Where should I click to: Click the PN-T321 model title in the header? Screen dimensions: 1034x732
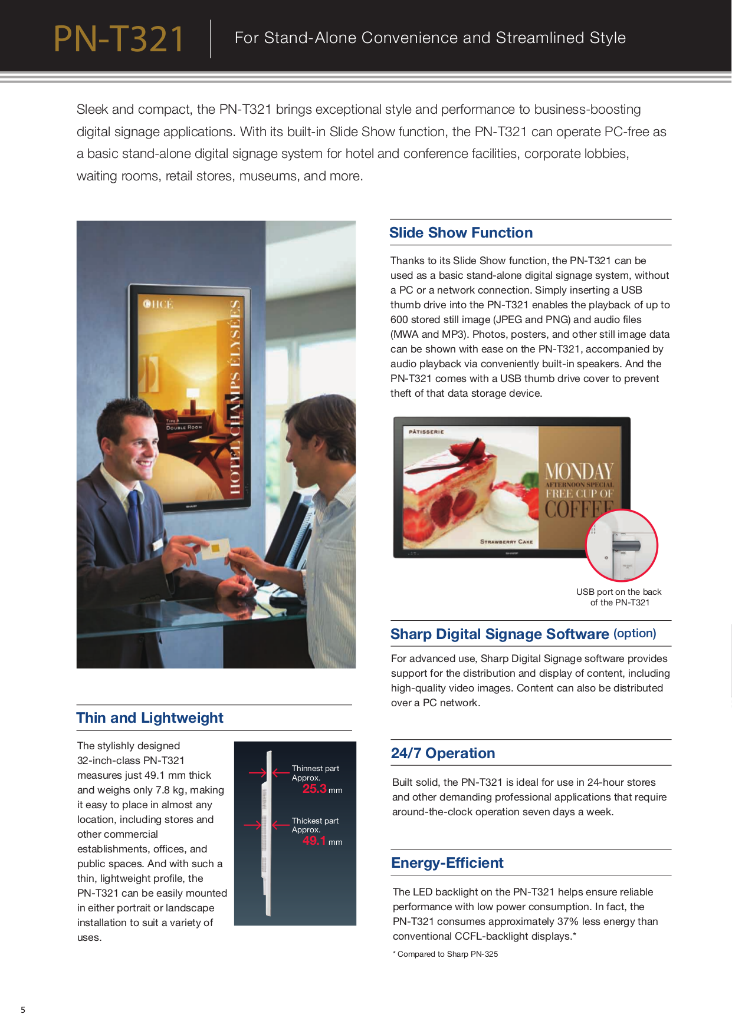119,39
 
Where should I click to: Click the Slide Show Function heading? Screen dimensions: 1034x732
461,233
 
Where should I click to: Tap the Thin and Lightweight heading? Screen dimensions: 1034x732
150,718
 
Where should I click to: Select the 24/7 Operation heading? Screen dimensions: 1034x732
442,753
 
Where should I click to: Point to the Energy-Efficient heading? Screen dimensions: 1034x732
447,863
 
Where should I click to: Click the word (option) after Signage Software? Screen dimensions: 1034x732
635,633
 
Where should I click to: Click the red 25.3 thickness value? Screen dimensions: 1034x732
314,789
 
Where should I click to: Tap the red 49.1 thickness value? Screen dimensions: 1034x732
314,841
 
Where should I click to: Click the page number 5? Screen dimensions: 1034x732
23,1010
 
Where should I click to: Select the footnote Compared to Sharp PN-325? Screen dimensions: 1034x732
447,954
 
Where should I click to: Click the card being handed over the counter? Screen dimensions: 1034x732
212,549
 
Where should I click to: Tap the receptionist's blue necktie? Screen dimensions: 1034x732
135,519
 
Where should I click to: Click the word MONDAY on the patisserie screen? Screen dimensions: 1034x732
579,472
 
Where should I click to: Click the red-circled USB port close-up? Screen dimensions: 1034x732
621,545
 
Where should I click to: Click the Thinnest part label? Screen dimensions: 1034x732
315,768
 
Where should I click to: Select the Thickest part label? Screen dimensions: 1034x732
315,821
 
